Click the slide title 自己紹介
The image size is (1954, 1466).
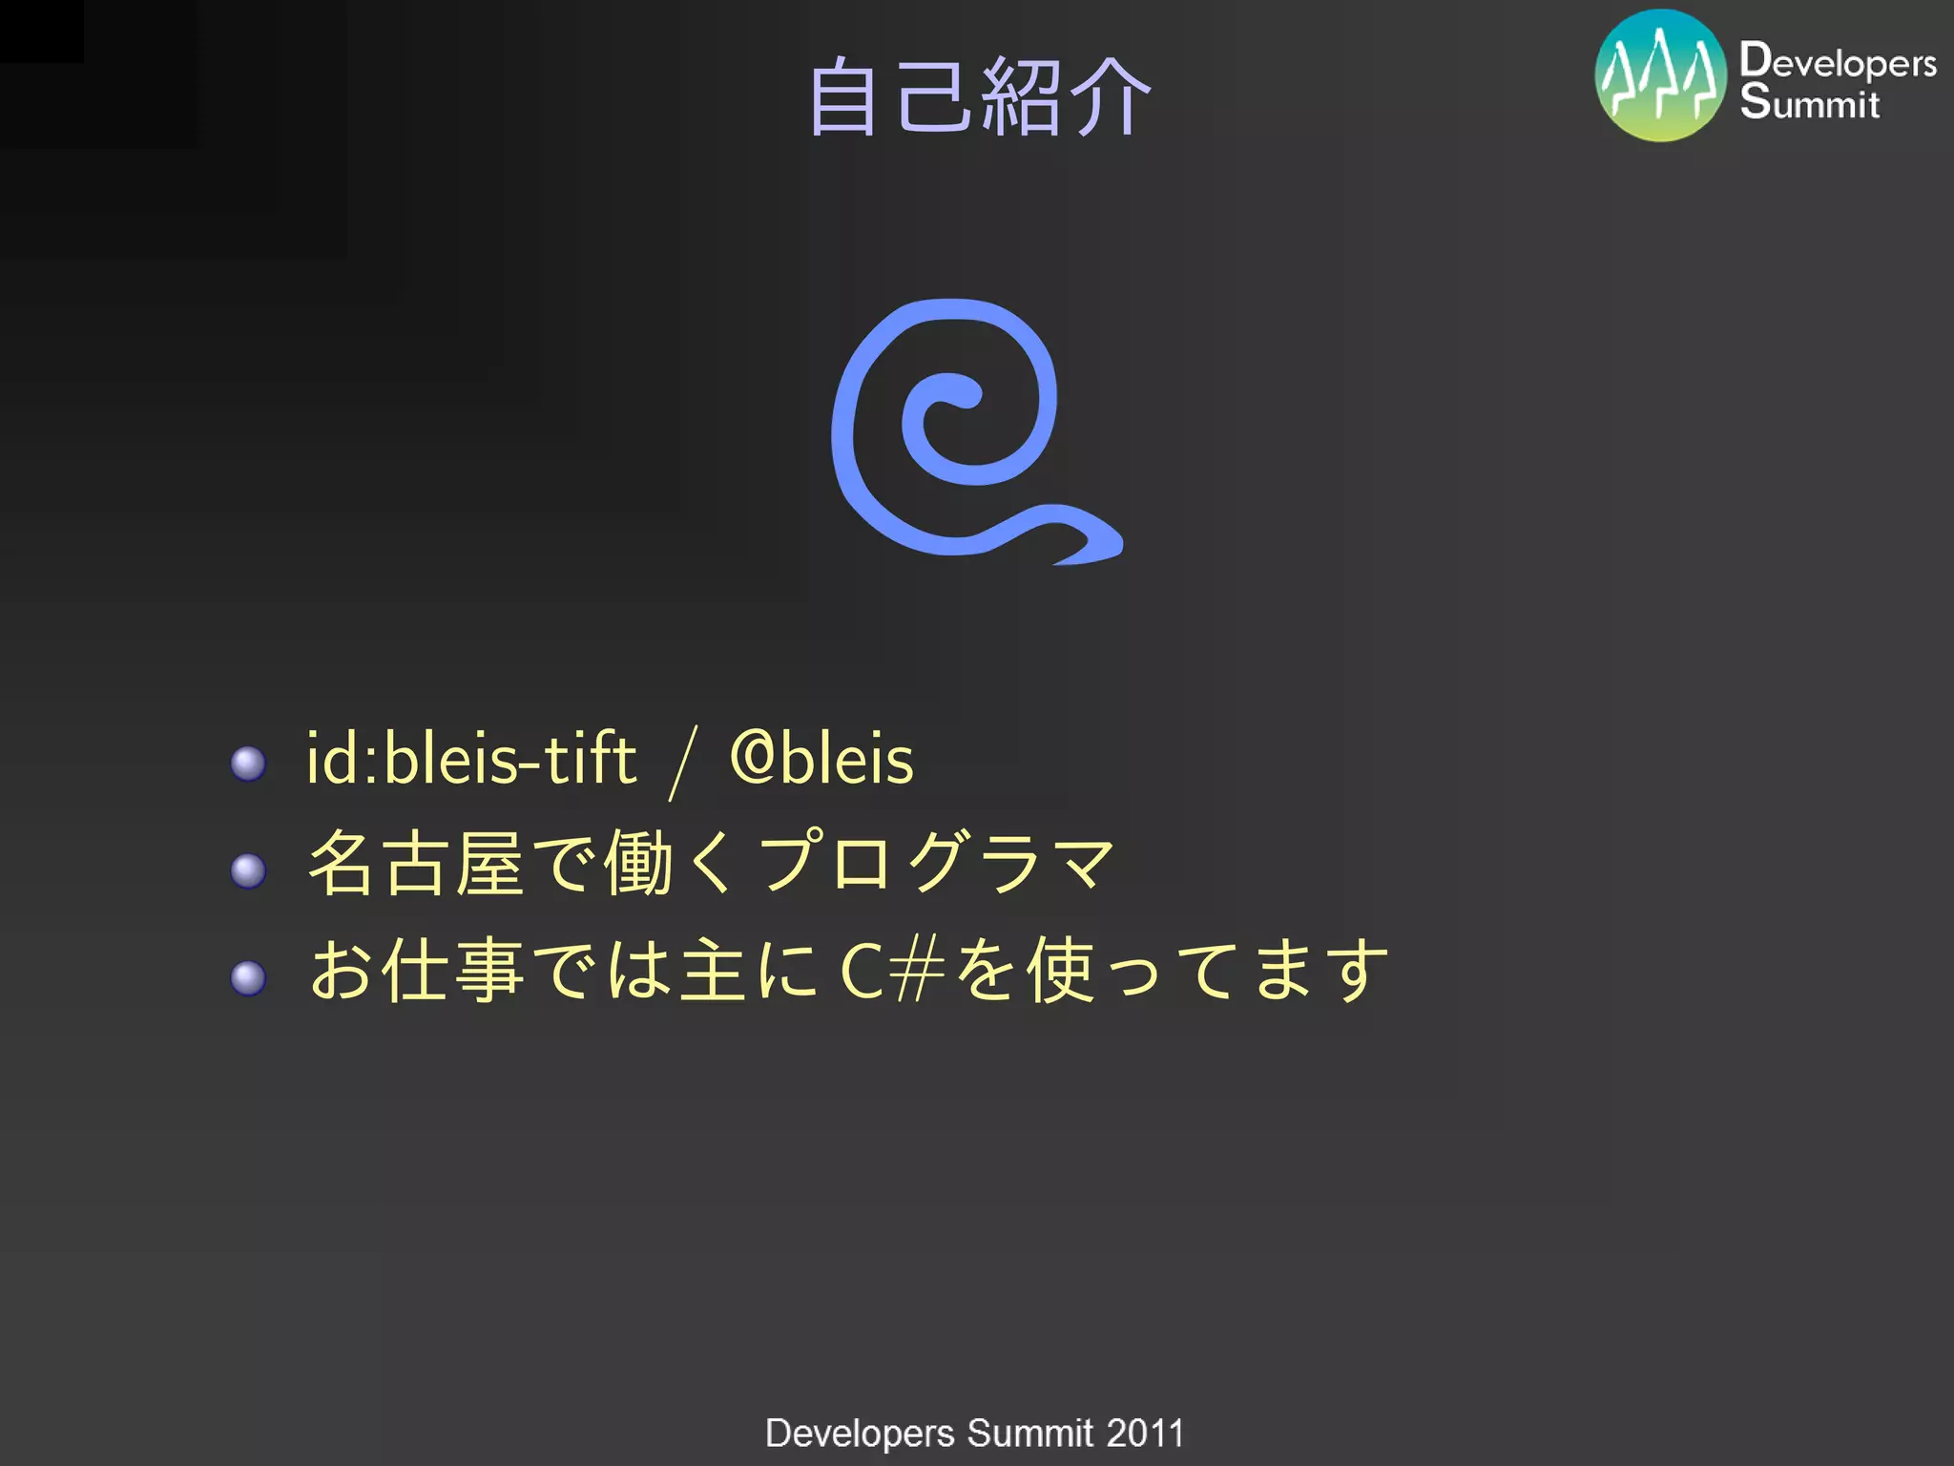click(980, 96)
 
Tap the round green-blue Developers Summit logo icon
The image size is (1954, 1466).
click(1660, 75)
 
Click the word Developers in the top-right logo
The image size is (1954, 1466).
click(1838, 61)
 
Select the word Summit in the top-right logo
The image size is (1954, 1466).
click(1809, 102)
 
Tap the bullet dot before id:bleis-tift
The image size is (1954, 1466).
click(248, 764)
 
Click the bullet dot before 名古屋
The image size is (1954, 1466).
click(248, 870)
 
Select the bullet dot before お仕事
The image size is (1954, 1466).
click(248, 978)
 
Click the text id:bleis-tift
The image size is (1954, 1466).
click(471, 760)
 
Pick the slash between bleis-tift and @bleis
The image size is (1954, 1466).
click(684, 762)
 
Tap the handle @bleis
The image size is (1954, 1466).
click(821, 760)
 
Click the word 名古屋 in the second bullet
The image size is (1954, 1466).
click(416, 864)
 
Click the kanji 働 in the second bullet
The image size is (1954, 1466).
click(638, 864)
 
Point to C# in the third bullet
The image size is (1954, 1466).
click(892, 971)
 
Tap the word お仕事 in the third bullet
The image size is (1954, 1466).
click(416, 970)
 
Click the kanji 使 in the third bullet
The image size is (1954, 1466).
click(1060, 970)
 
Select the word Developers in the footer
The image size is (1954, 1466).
click(860, 1434)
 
